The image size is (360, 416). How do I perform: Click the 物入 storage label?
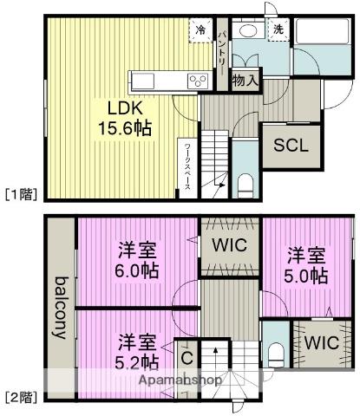click(246, 80)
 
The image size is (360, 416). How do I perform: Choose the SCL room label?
click(291, 145)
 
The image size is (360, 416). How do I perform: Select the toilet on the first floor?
click(245, 183)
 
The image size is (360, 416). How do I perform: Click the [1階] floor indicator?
click(20, 193)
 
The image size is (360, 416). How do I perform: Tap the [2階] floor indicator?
click(20, 397)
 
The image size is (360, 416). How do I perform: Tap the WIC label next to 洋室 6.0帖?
click(231, 245)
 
